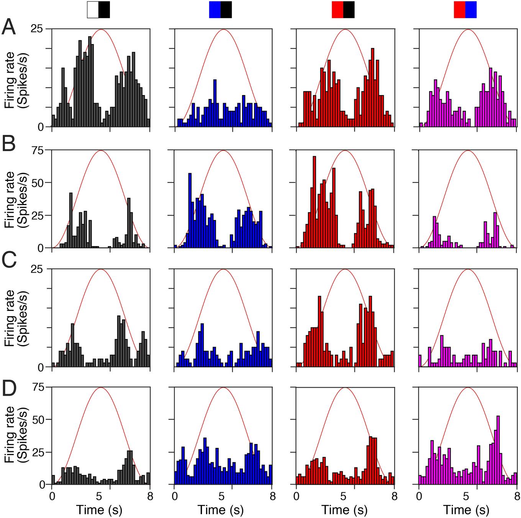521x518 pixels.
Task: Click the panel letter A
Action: click(9, 28)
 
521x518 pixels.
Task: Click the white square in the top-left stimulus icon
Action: click(93, 10)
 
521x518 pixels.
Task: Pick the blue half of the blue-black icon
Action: click(215, 10)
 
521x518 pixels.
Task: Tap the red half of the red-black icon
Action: click(337, 10)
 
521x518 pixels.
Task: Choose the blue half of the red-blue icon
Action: click(471, 10)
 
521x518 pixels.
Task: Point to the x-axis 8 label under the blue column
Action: click(272, 497)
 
